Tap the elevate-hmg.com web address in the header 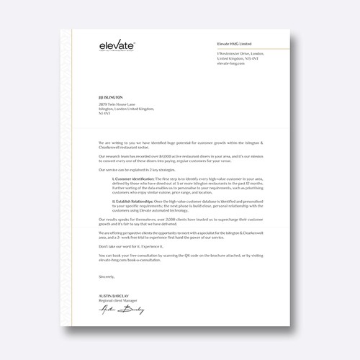point(231,63)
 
